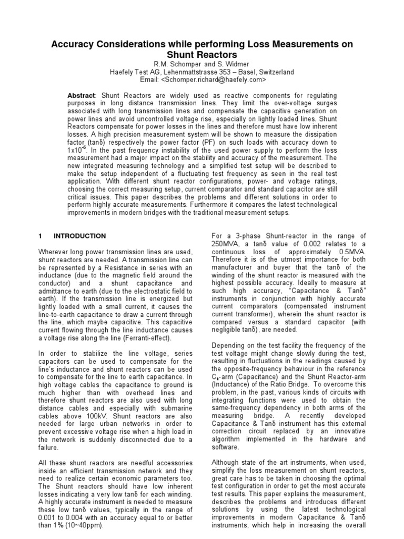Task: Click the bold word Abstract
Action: click(81, 94)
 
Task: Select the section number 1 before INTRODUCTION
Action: click(41, 236)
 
